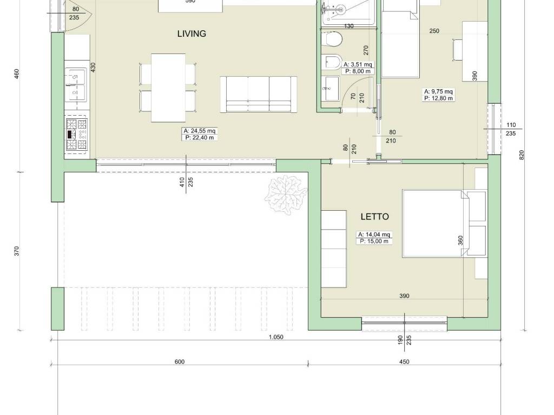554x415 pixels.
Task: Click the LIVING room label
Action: (192, 34)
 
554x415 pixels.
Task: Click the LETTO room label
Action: (375, 217)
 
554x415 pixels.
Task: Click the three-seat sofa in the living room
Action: (259, 94)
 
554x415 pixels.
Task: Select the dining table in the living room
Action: (168, 88)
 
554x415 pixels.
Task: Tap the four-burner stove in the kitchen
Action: (76, 135)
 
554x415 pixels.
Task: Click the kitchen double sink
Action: (75, 85)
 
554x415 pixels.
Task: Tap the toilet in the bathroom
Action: (331, 40)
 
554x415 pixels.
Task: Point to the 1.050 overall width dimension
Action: (276, 337)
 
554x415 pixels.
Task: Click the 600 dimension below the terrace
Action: (180, 362)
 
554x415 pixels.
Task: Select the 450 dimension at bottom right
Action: (404, 362)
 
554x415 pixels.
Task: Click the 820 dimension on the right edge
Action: (522, 155)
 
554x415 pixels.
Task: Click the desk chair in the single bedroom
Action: (457, 50)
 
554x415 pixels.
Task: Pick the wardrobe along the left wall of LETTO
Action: (334, 249)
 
